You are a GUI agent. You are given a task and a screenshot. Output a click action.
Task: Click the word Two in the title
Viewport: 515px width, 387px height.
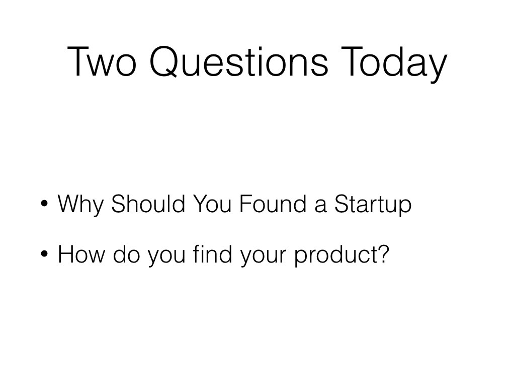click(102, 61)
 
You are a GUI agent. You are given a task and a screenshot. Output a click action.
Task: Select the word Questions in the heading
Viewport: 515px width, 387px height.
click(239, 61)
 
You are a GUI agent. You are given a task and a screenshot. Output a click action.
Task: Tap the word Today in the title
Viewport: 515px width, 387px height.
click(394, 64)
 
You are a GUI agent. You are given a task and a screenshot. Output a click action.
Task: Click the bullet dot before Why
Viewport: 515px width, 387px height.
click(44, 203)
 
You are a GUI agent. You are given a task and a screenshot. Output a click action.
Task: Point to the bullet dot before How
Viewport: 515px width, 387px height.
click(44, 254)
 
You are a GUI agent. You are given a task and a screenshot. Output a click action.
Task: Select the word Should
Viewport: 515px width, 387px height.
click(148, 204)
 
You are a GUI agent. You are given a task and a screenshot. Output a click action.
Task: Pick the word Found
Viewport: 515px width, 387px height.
click(273, 204)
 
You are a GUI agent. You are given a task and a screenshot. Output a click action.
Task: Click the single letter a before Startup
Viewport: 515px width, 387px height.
click(320, 206)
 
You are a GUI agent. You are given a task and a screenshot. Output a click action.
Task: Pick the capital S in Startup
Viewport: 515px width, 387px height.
click(341, 204)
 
